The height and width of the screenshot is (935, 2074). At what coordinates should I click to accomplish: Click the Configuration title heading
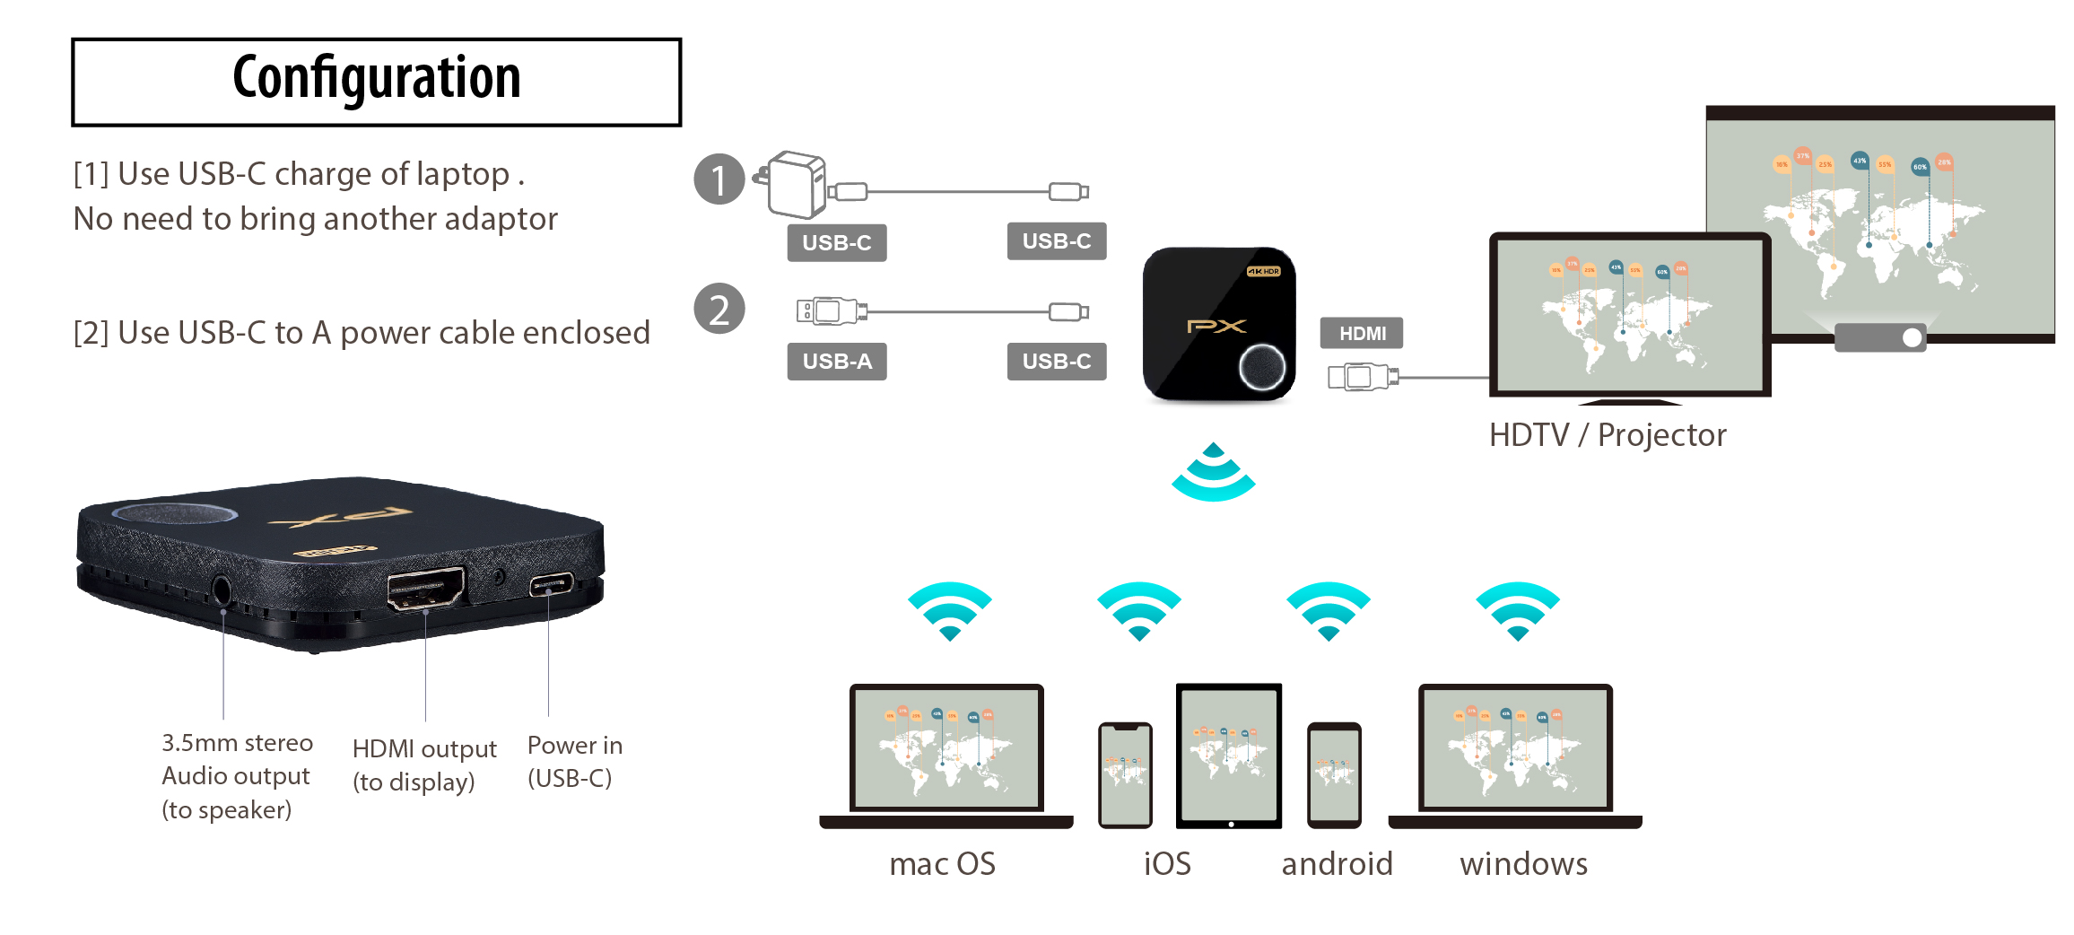pos(376,79)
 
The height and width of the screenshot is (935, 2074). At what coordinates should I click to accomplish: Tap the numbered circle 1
pos(719,179)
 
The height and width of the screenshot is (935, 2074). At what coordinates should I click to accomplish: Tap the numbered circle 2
pos(719,310)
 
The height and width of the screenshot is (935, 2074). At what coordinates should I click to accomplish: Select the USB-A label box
pos(836,362)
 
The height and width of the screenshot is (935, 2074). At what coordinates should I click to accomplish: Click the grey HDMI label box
pos(1361,334)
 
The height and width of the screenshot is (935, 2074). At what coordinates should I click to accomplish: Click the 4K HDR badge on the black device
pos(1263,271)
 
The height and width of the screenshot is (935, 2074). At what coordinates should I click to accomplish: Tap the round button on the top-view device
pos(1261,367)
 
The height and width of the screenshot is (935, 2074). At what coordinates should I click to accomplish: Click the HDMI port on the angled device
pos(425,589)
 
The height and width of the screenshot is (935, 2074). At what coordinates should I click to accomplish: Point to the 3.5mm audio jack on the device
pos(222,591)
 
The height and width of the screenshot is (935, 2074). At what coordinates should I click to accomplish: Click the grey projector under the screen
pos(1880,337)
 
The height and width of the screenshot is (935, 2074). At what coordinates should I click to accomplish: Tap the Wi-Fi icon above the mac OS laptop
pos(949,610)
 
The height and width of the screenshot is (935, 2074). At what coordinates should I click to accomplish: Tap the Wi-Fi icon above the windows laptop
pos(1518,610)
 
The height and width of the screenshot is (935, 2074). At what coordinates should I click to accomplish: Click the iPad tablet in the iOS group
pos(1229,756)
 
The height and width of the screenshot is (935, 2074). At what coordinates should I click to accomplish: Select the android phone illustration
pos(1334,774)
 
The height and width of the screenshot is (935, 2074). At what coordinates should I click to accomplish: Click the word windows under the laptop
pos(1523,864)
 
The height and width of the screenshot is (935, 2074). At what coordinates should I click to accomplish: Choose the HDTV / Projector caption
pos(1607,435)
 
